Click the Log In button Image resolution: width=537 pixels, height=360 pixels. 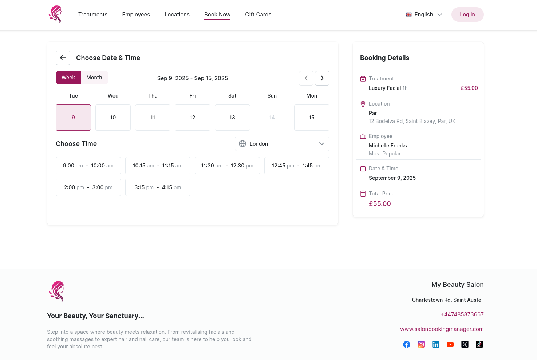[467, 15]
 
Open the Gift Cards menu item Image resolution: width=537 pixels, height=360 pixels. [258, 15]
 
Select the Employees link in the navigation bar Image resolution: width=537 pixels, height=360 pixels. [136, 15]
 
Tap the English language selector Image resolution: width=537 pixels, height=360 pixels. [424, 15]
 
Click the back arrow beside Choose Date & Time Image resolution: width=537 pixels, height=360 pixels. [63, 58]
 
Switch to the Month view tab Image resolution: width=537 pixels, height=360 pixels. [94, 78]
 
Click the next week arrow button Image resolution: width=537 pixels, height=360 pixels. [322, 78]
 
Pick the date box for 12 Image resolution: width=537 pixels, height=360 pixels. [192, 118]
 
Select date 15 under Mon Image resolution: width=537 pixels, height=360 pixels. [312, 118]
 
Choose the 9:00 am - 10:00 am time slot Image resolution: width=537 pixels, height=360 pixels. [88, 166]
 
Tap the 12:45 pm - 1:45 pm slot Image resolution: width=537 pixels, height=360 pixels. [297, 166]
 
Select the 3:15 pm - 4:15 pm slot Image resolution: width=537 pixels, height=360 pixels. [158, 187]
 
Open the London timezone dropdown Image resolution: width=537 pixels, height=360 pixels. [282, 144]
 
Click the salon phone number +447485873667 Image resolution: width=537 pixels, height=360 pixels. [462, 314]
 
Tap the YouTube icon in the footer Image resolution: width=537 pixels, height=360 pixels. [450, 344]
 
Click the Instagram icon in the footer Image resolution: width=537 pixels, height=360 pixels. [421, 344]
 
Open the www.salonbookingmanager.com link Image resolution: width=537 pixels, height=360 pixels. [442, 329]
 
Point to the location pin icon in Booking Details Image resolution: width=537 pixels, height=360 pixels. [363, 104]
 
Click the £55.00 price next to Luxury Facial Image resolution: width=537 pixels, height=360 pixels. [469, 88]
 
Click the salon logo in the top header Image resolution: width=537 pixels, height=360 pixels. [55, 15]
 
